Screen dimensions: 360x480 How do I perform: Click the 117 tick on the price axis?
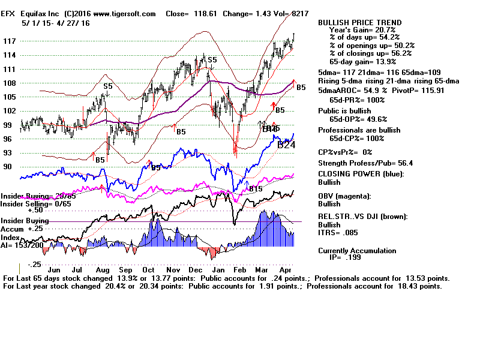pyautogui.click(x=10, y=41)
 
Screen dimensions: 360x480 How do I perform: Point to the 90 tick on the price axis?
pyautogui.click(x=8, y=167)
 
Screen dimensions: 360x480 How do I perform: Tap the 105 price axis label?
pyautogui.click(x=10, y=97)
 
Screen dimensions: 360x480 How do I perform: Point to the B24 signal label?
pyautogui.click(x=286, y=145)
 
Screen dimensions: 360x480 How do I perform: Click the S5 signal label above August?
pyautogui.click(x=107, y=86)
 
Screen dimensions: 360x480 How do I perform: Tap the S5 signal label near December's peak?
pyautogui.click(x=212, y=60)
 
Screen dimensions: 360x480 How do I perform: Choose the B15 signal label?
pyautogui.click(x=256, y=189)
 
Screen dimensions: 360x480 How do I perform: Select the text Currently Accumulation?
pyautogui.click(x=357, y=251)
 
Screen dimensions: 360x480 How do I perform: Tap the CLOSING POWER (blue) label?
pyautogui.click(x=361, y=174)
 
